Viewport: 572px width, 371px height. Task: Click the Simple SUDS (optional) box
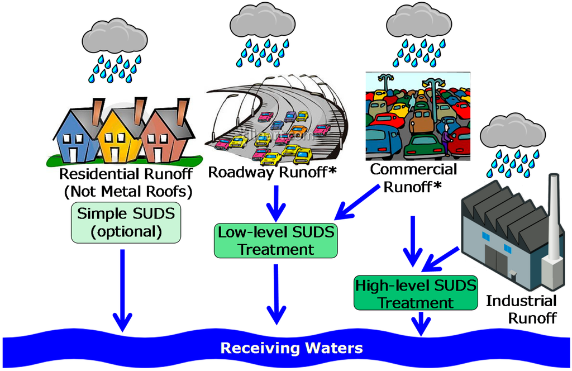126,222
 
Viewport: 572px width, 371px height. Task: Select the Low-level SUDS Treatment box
276,240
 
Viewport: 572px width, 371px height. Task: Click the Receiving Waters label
292,348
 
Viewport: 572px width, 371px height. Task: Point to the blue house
77,136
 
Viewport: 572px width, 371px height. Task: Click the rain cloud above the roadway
263,21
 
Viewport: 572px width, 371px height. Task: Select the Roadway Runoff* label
272,172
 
